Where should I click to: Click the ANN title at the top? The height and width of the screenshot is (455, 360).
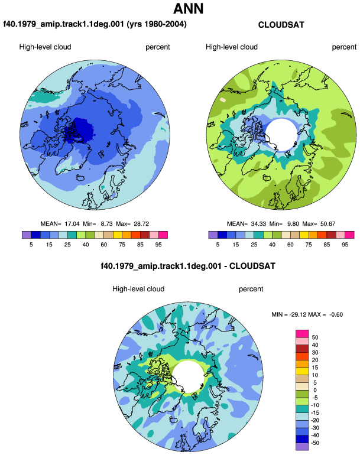click(x=189, y=8)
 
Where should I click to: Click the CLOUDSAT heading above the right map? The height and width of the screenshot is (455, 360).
click(x=281, y=25)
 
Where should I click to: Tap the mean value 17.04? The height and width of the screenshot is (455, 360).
click(x=72, y=224)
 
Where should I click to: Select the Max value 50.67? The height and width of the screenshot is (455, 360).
click(x=327, y=224)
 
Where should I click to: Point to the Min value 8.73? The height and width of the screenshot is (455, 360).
click(x=106, y=224)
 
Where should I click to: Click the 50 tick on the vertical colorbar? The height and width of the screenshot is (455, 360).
click(x=315, y=337)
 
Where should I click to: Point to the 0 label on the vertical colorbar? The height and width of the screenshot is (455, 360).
click(x=315, y=390)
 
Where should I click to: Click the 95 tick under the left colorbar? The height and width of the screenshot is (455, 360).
click(x=158, y=245)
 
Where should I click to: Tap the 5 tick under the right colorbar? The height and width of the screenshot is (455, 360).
click(x=218, y=245)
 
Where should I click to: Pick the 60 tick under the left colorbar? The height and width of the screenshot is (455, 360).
click(x=104, y=245)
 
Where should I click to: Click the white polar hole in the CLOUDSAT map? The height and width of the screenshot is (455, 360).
click(x=281, y=134)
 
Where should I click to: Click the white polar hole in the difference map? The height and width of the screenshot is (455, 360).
click(x=189, y=376)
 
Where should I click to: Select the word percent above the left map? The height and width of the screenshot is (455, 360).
click(x=158, y=47)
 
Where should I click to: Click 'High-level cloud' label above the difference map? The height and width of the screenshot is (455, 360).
click(x=138, y=289)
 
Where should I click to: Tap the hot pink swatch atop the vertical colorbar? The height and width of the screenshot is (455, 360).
click(x=302, y=334)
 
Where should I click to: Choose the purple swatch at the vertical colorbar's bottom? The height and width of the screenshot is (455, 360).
click(x=302, y=447)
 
